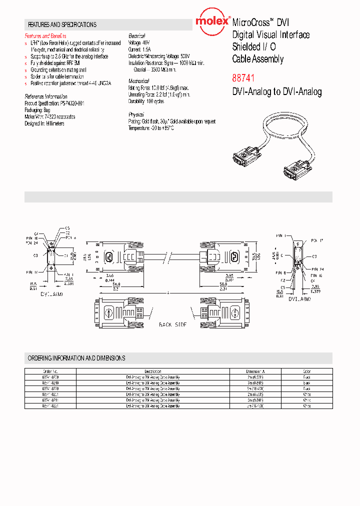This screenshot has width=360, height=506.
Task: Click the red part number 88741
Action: pyautogui.click(x=243, y=79)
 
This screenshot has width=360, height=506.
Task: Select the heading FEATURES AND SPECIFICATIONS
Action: pyautogui.click(x=62, y=24)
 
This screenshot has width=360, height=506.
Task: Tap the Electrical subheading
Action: pyautogui.click(x=136, y=36)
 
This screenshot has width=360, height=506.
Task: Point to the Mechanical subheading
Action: pyautogui.click(x=138, y=81)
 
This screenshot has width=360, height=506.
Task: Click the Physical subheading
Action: pyautogui.click(x=136, y=114)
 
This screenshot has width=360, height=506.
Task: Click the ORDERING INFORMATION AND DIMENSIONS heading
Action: pyautogui.click(x=76, y=358)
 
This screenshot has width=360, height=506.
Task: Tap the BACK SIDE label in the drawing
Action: pyautogui.click(x=172, y=325)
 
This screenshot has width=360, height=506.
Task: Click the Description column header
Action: pyautogui.click(x=153, y=371)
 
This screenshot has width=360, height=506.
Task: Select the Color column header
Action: pyautogui.click(x=306, y=371)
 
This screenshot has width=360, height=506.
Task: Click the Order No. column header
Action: pyautogui.click(x=51, y=371)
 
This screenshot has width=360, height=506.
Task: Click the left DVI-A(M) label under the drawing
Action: pyautogui.click(x=52, y=294)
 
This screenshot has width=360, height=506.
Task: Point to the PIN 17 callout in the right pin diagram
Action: pyautogui.click(x=317, y=240)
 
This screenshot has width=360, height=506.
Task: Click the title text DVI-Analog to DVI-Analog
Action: pyautogui.click(x=277, y=92)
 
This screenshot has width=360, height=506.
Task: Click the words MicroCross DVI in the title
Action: pyautogui.click(x=260, y=22)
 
